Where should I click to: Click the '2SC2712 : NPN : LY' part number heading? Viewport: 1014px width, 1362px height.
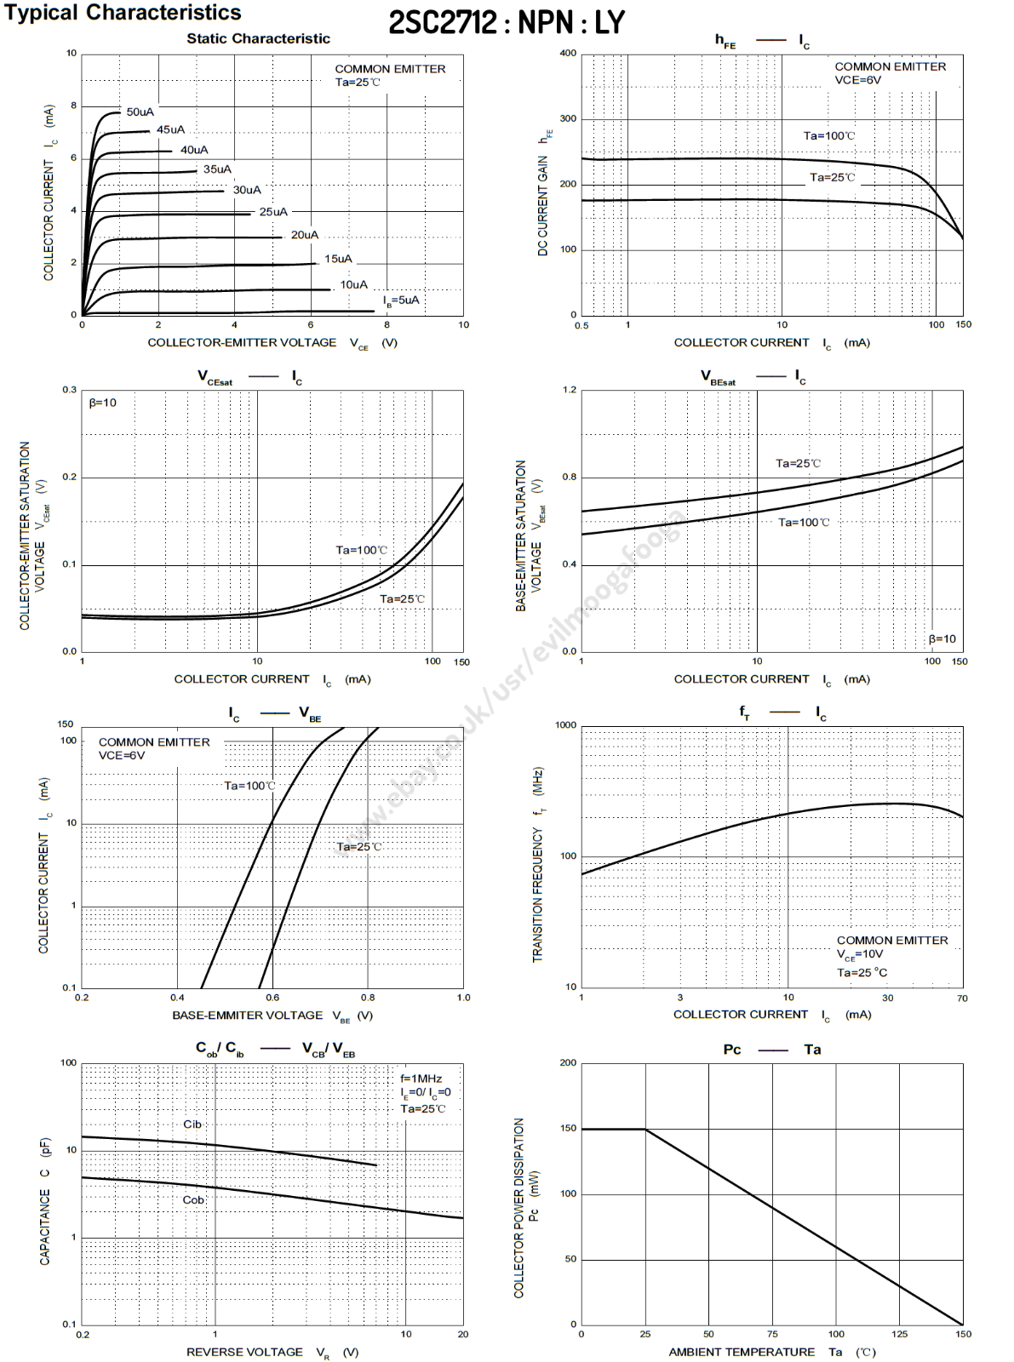(x=507, y=23)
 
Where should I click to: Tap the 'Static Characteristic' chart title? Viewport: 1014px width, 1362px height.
(x=258, y=38)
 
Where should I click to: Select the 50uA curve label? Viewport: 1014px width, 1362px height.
(x=140, y=112)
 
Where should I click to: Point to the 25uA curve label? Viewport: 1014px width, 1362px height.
(x=273, y=212)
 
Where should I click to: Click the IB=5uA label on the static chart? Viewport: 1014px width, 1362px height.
(x=401, y=300)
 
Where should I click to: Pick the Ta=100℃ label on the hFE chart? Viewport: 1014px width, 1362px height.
(x=829, y=136)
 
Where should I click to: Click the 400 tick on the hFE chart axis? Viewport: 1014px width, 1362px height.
(x=568, y=54)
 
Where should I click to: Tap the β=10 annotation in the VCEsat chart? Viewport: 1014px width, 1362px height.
(x=103, y=403)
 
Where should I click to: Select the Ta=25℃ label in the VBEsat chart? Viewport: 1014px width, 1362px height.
(x=798, y=464)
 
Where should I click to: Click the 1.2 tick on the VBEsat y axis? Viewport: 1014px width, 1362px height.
(x=570, y=390)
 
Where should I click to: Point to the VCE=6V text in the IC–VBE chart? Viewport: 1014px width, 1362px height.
(x=122, y=756)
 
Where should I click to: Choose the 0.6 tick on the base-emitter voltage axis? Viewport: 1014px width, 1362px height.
(x=272, y=998)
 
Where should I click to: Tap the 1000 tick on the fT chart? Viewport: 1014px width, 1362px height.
(x=565, y=725)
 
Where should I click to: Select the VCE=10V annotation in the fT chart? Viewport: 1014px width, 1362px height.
(x=860, y=955)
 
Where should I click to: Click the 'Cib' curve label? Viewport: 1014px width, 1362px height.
(x=192, y=1125)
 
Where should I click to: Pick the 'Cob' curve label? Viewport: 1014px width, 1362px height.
(x=193, y=1200)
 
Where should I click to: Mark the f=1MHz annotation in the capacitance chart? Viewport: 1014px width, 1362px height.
(x=421, y=1079)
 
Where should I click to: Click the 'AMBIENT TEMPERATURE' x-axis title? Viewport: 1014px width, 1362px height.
(x=742, y=1352)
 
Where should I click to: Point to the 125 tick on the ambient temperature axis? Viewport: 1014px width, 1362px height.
(x=900, y=1334)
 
